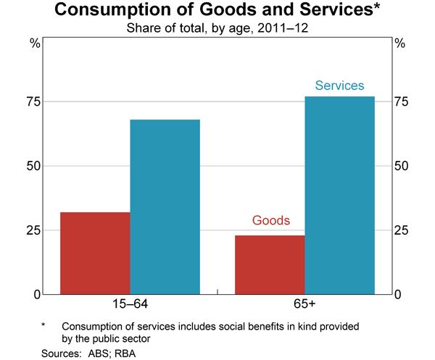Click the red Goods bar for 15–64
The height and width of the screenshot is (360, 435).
(95, 253)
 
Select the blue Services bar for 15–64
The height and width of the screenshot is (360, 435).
(165, 206)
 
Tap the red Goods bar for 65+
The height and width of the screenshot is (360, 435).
(270, 264)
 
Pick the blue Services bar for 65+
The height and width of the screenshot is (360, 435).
(339, 195)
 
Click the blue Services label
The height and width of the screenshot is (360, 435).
(339, 85)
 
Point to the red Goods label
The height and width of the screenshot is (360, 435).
(270, 220)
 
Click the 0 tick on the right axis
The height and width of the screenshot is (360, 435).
(398, 295)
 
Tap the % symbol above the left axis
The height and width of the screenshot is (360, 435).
(33, 43)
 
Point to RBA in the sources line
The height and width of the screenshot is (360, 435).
(125, 353)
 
